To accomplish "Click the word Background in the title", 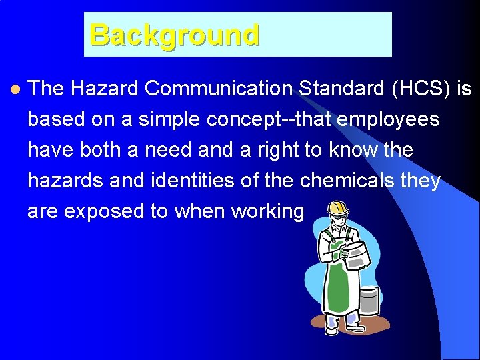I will coord(174,35).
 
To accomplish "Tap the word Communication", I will coord(221,89).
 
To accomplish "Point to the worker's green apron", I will coord(338,280).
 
